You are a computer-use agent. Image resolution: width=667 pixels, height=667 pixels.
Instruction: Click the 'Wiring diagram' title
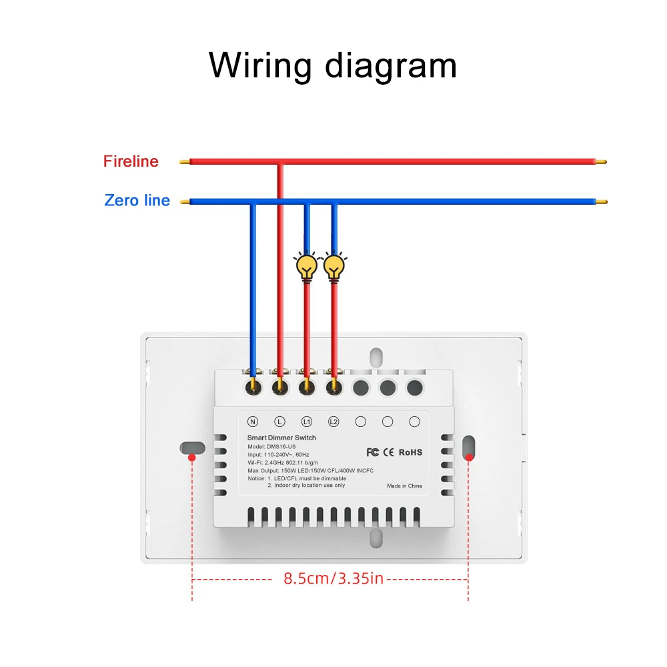pyautogui.click(x=333, y=65)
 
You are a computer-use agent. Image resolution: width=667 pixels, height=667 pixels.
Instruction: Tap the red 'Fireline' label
pyautogui.click(x=131, y=161)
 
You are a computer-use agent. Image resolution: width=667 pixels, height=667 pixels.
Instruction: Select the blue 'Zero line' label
pyautogui.click(x=137, y=200)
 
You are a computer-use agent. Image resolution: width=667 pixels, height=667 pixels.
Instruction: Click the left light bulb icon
pyautogui.click(x=307, y=266)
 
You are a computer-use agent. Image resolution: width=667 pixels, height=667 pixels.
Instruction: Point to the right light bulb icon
pyautogui.click(x=334, y=266)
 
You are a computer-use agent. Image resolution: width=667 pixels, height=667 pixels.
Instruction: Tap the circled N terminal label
pyautogui.click(x=253, y=422)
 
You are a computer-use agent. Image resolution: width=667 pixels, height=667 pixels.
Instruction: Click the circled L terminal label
pyautogui.click(x=280, y=422)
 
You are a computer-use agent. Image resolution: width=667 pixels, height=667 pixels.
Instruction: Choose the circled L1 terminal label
pyautogui.click(x=307, y=422)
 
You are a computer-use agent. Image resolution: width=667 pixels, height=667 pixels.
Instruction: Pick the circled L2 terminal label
pyautogui.click(x=334, y=422)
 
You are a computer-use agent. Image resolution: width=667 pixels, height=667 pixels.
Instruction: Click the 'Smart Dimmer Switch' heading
pyautogui.click(x=282, y=438)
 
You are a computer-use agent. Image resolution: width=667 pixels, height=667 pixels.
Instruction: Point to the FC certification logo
pyautogui.click(x=373, y=452)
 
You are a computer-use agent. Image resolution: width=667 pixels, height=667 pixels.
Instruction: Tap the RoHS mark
pyautogui.click(x=410, y=452)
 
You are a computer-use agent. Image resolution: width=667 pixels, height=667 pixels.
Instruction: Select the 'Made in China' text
pyautogui.click(x=404, y=486)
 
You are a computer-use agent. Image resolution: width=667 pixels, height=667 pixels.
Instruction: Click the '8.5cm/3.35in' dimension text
pyautogui.click(x=333, y=578)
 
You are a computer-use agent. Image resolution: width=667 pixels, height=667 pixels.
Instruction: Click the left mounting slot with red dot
pyautogui.click(x=191, y=447)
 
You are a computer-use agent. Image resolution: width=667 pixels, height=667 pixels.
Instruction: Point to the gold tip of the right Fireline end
pyautogui.click(x=602, y=161)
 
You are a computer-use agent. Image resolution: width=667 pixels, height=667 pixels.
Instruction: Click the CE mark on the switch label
pyautogui.click(x=389, y=452)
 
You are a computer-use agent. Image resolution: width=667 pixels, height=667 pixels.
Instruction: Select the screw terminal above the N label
pyautogui.click(x=253, y=385)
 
